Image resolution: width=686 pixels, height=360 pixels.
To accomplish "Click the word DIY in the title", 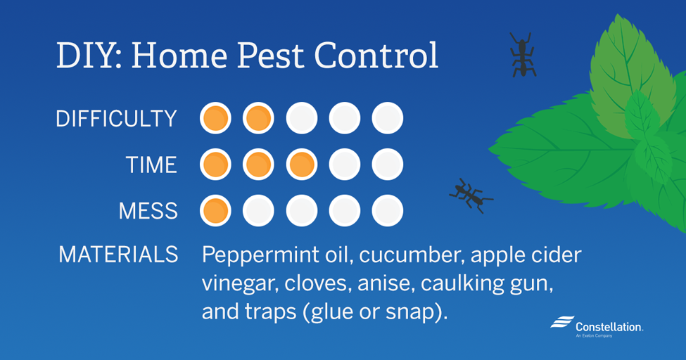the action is pos(89,56).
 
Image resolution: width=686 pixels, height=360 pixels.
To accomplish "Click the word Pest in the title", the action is pos(270,56).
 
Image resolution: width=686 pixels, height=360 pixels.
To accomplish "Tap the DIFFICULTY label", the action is pos(116,119).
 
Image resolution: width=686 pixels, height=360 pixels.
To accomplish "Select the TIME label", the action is pos(151,165).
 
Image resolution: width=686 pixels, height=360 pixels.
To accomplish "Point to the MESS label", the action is pos(148,211).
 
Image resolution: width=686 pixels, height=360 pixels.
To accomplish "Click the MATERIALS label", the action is pos(119,254).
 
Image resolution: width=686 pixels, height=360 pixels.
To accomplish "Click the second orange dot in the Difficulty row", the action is pos(258,118).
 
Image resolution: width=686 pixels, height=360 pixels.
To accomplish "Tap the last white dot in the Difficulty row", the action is pos(387,118).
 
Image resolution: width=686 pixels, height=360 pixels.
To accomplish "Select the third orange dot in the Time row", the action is pos(301,165).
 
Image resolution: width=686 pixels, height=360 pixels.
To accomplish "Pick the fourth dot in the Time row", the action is pos(344,165).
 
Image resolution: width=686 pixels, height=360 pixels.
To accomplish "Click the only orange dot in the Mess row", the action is pos(215,210).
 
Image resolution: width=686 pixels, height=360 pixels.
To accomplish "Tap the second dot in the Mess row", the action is pos(258,210).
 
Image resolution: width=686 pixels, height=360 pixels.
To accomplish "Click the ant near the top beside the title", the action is pos(522,55).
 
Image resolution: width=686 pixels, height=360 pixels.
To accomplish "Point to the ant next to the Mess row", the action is pos(471,195).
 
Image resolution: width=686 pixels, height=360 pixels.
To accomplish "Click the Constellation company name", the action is pos(609,327).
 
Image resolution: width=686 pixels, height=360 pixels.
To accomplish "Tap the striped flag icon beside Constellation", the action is pos(562,321).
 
